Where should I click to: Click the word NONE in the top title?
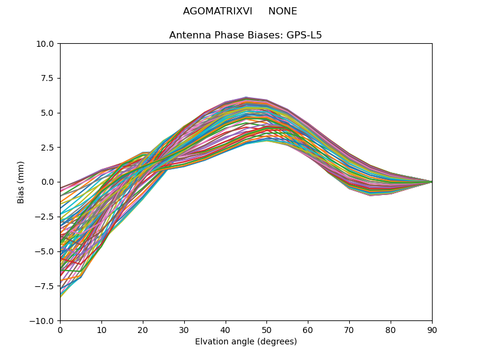point(283,11)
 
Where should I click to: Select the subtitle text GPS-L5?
point(306,35)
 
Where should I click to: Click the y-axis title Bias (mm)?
point(21,182)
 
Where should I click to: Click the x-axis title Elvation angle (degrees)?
point(246,342)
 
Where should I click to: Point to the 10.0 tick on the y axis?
point(47,44)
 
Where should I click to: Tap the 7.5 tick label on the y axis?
point(49,78)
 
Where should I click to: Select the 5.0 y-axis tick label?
point(49,113)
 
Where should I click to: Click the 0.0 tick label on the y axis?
point(49,182)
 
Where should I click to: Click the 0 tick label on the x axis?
point(60,330)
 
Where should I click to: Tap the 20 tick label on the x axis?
point(143,330)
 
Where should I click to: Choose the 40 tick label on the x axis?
point(226,330)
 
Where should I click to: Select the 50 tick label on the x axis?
point(266,330)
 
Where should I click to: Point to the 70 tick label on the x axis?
point(349,330)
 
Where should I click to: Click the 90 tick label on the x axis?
point(432,330)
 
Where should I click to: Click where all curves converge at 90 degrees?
point(431,182)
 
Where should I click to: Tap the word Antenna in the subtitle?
point(187,35)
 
